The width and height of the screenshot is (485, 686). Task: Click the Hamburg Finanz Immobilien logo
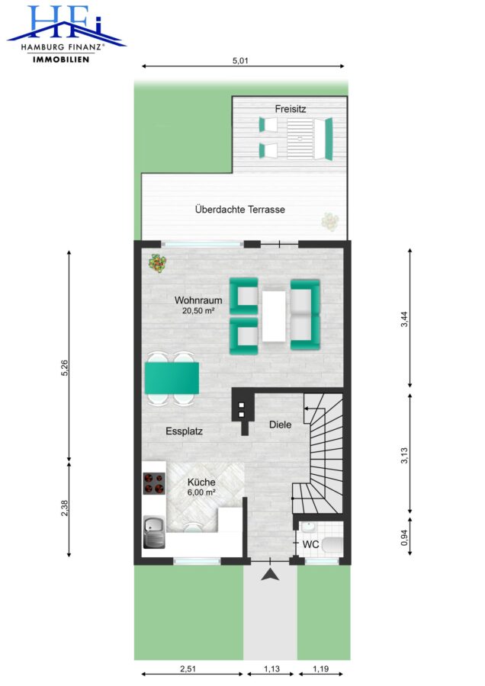click(x=66, y=34)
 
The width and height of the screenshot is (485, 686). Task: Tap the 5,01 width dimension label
click(x=240, y=61)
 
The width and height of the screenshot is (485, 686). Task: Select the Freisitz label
click(x=291, y=109)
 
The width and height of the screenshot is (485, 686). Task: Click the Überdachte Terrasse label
click(x=240, y=210)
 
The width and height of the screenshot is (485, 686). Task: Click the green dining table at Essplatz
click(x=172, y=377)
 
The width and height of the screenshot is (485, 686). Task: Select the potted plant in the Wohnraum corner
click(x=158, y=264)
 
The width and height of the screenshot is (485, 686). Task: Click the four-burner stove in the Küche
click(x=154, y=483)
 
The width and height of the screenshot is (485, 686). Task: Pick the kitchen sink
click(x=154, y=532)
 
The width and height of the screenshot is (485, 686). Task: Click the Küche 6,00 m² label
click(x=201, y=487)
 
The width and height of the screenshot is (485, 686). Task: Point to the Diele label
click(x=280, y=425)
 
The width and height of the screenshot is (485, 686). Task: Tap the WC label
click(x=311, y=545)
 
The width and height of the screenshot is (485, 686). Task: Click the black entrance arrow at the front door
click(x=270, y=575)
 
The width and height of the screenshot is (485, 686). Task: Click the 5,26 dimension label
click(x=64, y=368)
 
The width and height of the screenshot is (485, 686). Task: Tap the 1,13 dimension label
click(x=271, y=669)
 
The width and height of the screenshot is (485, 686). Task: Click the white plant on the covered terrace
click(x=330, y=221)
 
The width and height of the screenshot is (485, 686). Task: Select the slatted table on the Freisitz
click(x=300, y=138)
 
